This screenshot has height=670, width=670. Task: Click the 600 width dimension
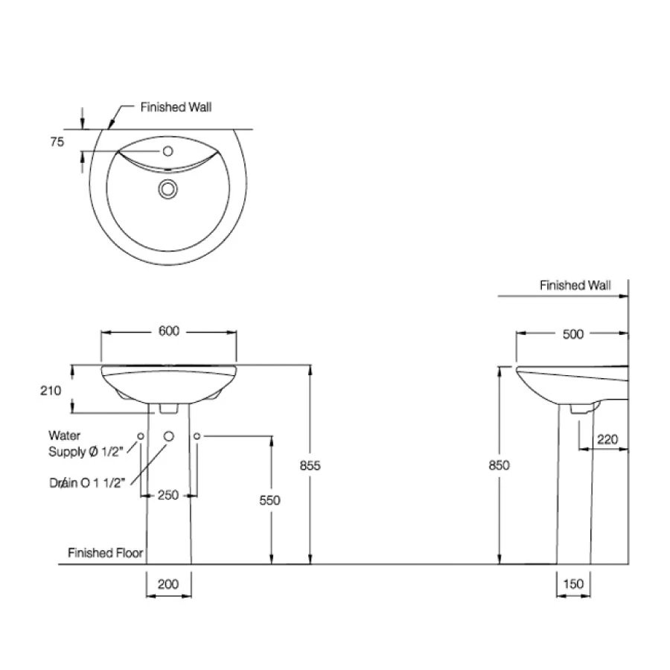pos(169,332)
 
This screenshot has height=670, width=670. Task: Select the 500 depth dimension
pos(572,334)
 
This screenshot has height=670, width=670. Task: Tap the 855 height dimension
pos(310,465)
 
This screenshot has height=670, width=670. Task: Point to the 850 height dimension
pos(498,465)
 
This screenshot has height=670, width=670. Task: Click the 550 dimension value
pos(270,500)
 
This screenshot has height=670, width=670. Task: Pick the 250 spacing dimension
pos(169,495)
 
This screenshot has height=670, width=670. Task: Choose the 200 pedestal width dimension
pos(169,584)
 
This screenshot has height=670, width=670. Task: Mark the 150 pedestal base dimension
pos(573,584)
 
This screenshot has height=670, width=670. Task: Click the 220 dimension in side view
pos(607,439)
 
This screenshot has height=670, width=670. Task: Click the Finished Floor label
pos(105,553)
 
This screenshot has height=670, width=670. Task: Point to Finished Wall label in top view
pos(176,107)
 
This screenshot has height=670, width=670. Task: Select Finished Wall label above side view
pos(575,285)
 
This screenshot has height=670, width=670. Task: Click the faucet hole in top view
pos(167,152)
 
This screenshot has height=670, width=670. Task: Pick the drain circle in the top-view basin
pos(167,190)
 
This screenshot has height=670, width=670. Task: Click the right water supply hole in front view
pos(197,435)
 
